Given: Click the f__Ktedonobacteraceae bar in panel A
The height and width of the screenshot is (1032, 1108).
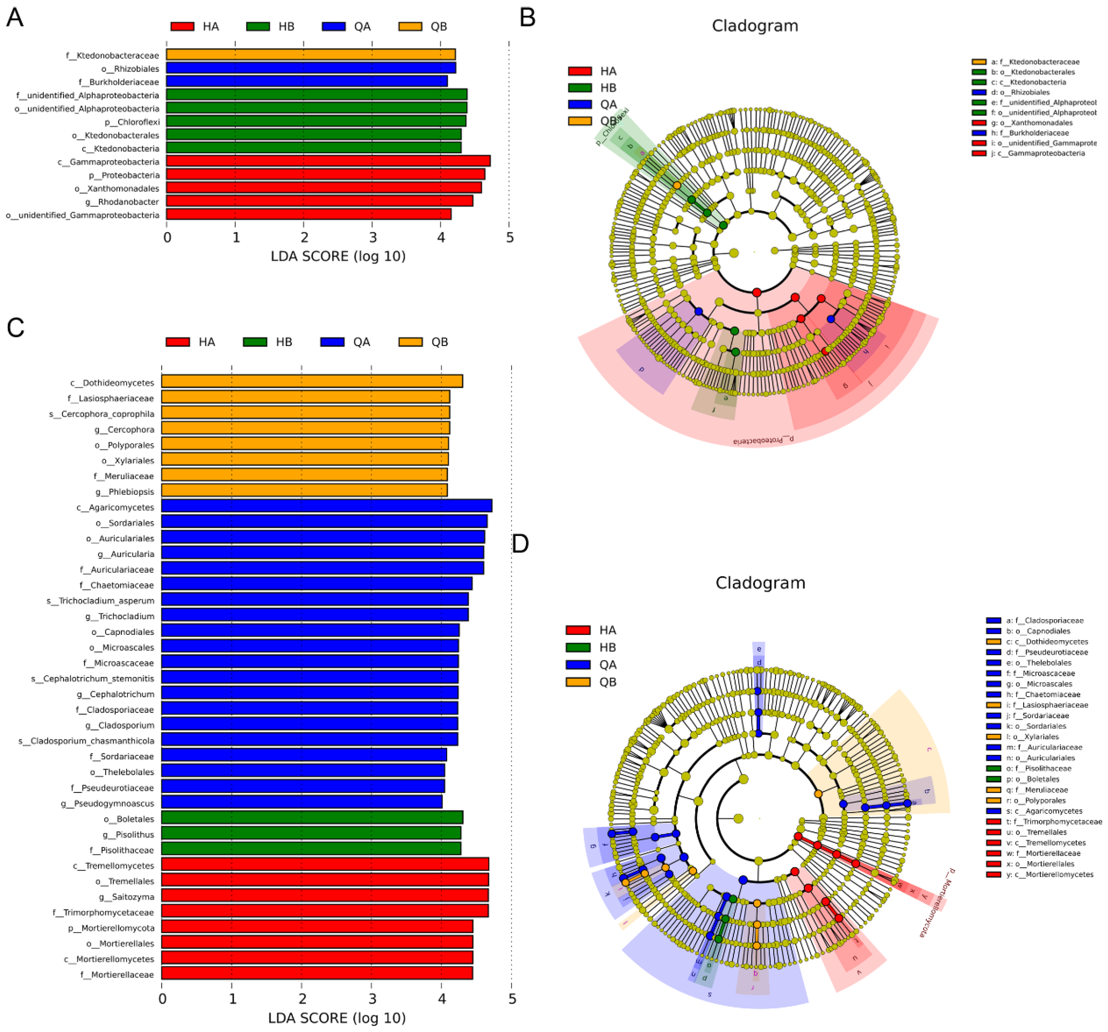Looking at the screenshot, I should pyautogui.click(x=311, y=55).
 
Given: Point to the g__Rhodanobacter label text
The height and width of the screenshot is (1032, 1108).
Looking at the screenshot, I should pyautogui.click(x=122, y=202).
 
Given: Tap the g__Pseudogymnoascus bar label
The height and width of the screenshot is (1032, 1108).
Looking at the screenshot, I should pyautogui.click(x=108, y=803).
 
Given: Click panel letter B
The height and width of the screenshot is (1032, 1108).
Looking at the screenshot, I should pyautogui.click(x=527, y=18).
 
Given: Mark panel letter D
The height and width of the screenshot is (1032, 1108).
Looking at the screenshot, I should pyautogui.click(x=520, y=543).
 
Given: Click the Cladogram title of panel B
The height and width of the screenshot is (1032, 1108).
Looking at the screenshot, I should pyautogui.click(x=755, y=26).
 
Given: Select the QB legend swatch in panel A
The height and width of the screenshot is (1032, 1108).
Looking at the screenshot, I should pyautogui.click(x=410, y=26).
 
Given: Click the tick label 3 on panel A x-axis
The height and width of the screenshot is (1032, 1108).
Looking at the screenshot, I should pyautogui.click(x=372, y=237).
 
